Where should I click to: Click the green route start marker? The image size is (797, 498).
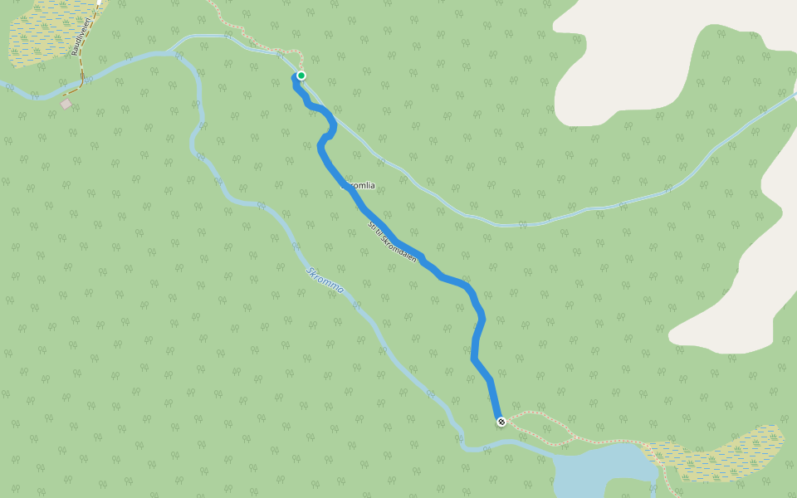click(301, 76)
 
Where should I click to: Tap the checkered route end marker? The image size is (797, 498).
click(501, 422)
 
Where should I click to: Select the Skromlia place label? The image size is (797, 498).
click(359, 187)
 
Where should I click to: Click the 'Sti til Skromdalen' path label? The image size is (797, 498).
click(392, 242)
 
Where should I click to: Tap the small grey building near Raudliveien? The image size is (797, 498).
click(66, 104)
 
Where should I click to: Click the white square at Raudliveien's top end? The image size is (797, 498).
click(98, 2)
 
